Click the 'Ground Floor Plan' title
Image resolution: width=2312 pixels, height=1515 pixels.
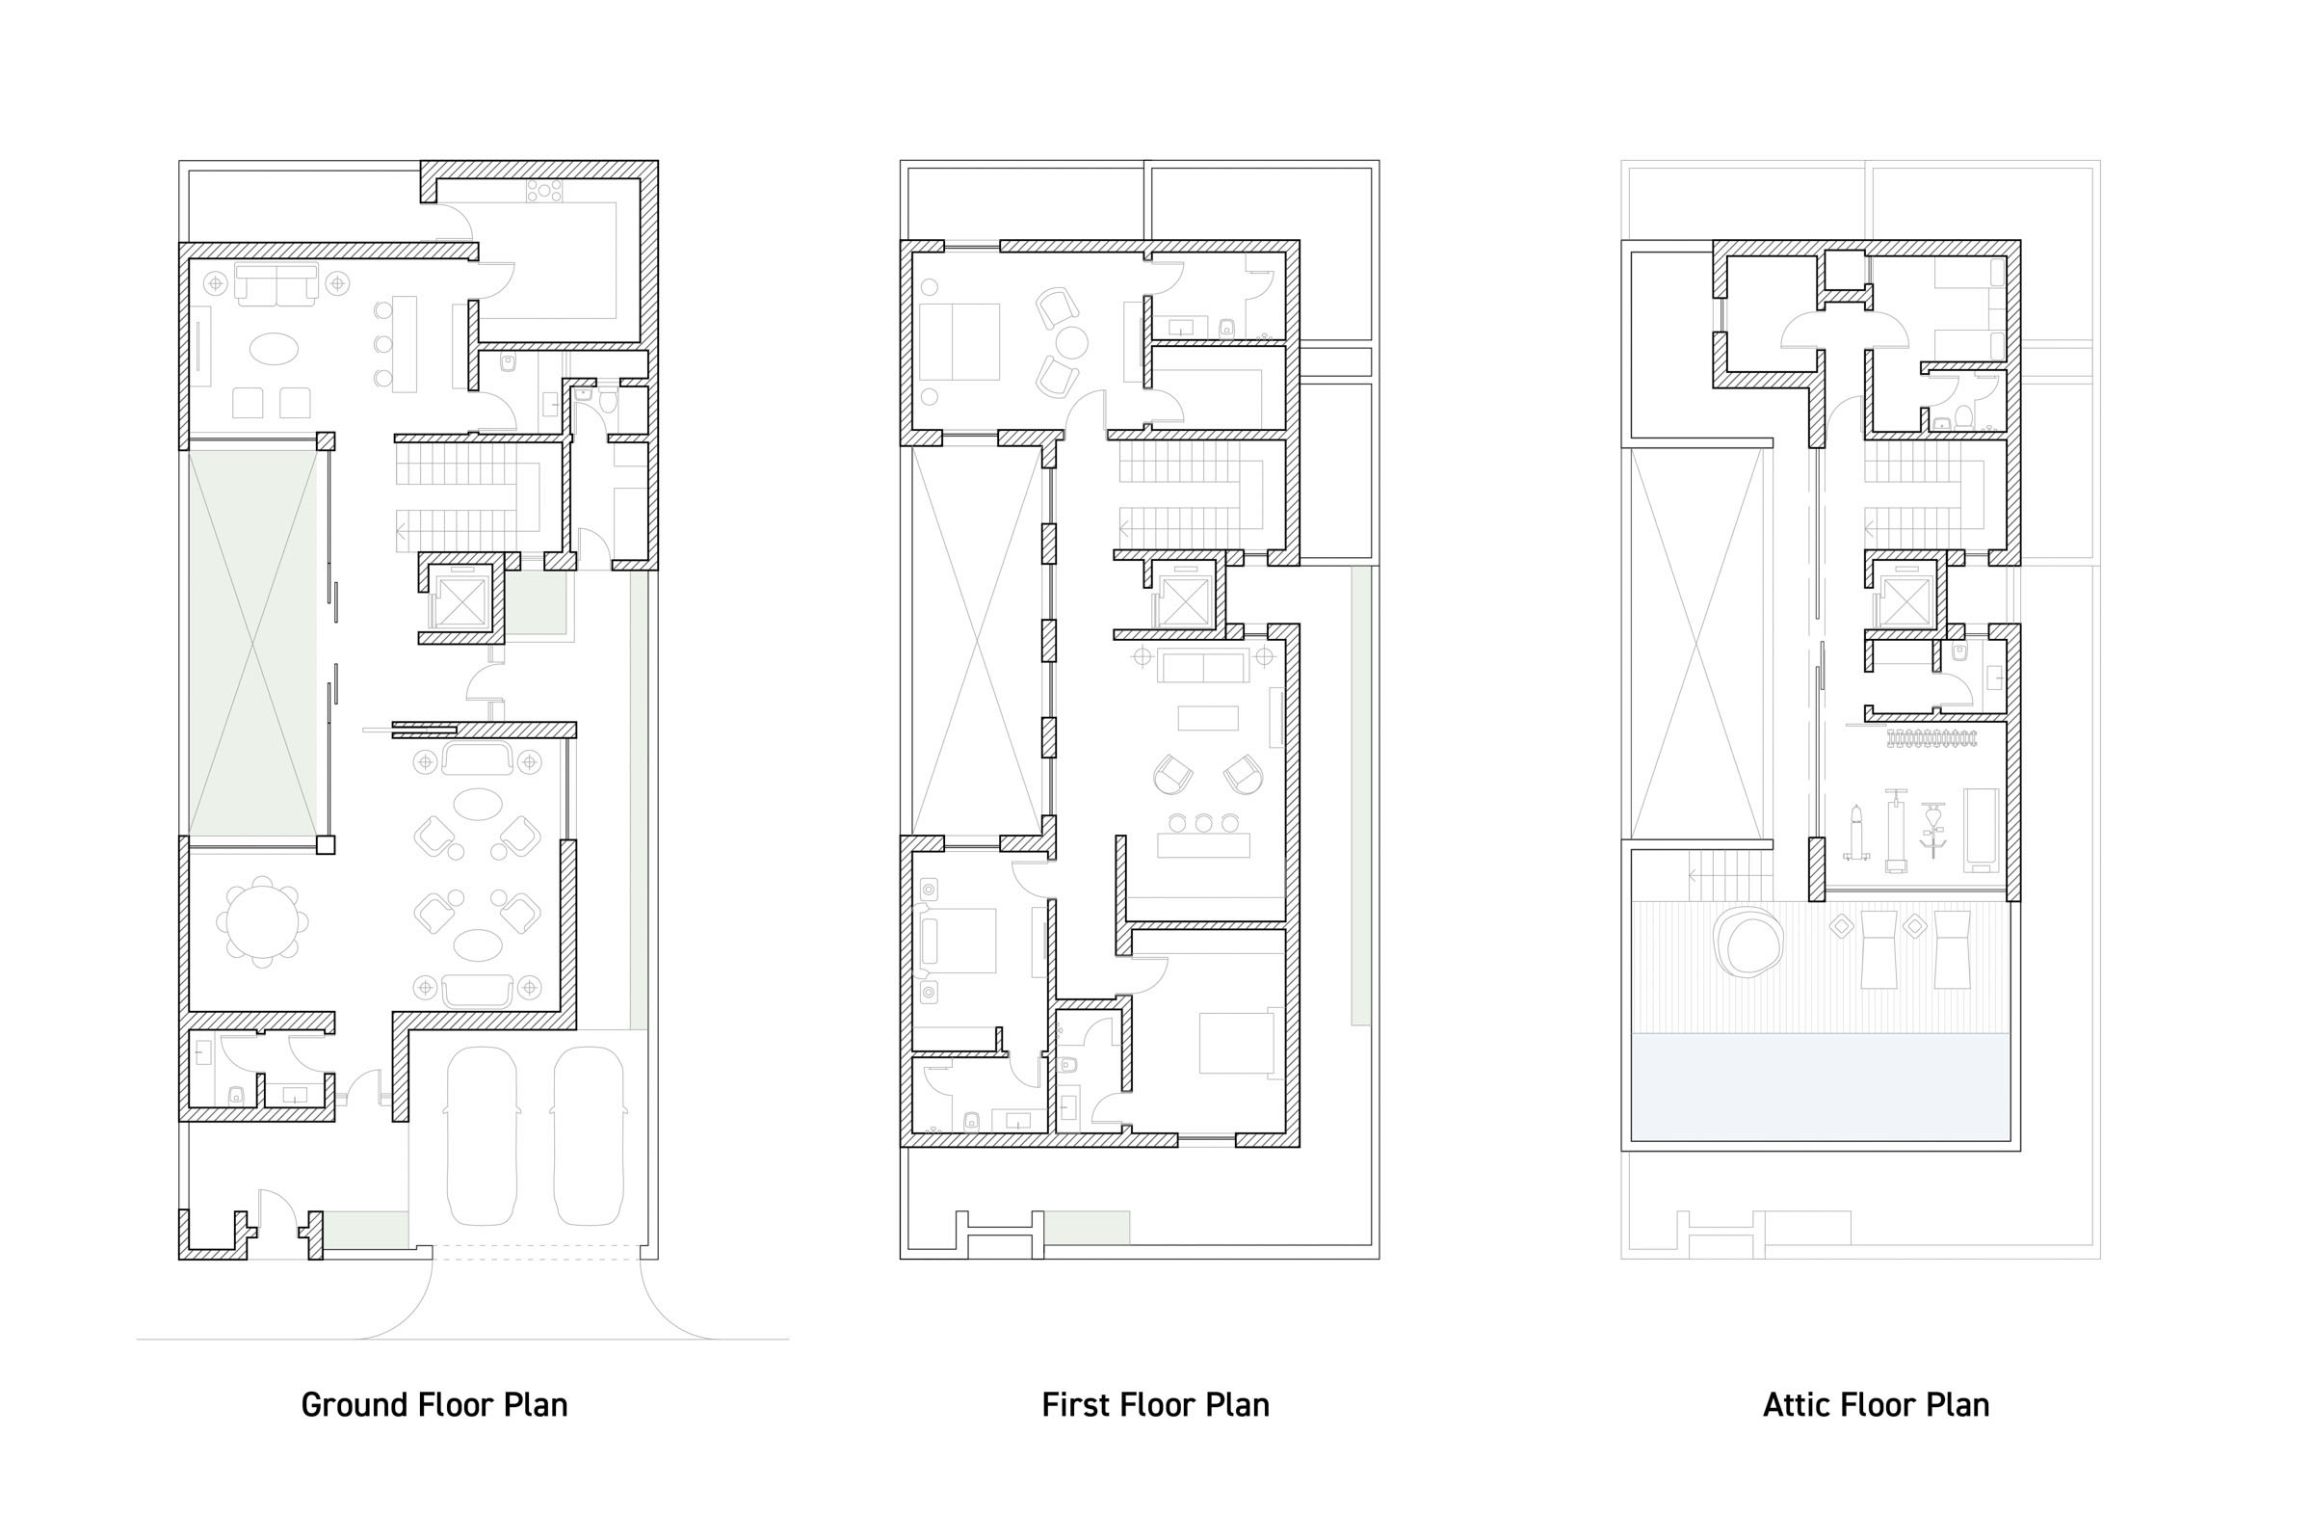(434, 1405)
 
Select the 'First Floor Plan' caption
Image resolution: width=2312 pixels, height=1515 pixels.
(1155, 1405)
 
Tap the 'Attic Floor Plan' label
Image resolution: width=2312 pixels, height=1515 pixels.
(1876, 1405)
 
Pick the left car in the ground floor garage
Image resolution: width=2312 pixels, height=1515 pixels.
(481, 1135)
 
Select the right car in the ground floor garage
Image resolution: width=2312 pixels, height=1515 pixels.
(588, 1135)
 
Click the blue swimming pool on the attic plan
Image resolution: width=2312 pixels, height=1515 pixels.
(1821, 1086)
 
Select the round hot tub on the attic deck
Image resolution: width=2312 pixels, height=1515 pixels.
(1748, 942)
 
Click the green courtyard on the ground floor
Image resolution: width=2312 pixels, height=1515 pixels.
(252, 643)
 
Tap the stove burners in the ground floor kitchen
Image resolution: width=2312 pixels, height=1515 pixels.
(544, 192)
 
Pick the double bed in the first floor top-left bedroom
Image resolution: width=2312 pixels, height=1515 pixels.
(959, 341)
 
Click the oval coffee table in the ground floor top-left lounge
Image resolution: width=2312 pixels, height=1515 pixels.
(274, 348)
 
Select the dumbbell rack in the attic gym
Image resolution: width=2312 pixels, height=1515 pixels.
(1931, 738)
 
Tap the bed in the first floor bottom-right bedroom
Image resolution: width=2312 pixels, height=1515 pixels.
(1237, 1043)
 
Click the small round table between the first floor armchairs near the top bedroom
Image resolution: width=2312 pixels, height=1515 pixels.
(1071, 342)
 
